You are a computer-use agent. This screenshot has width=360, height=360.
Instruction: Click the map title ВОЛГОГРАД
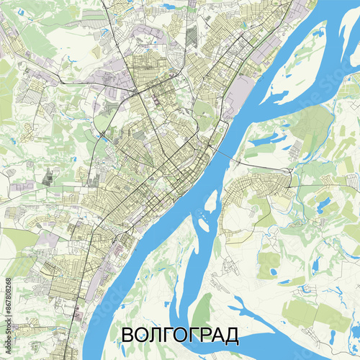(179, 336)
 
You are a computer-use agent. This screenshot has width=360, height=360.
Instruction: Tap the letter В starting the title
(126, 336)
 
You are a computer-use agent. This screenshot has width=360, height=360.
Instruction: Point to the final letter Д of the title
(232, 336)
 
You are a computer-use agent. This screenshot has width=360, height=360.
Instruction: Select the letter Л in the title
(154, 336)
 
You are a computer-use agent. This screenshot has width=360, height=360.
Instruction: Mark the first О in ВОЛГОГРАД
(140, 336)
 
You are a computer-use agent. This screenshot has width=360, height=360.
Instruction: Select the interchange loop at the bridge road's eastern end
(289, 172)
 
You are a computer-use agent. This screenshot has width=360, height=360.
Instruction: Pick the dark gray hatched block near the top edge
(191, 36)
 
